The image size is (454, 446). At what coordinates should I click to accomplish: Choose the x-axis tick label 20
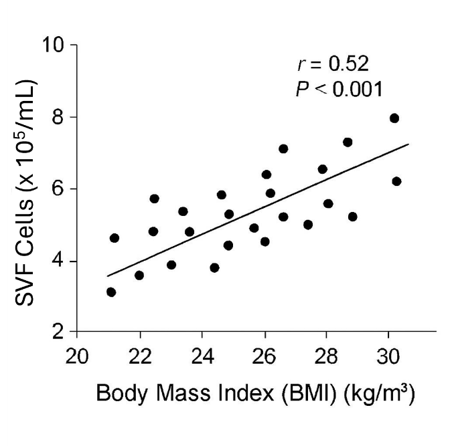click(x=78, y=354)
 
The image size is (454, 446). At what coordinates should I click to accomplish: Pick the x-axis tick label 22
click(x=140, y=354)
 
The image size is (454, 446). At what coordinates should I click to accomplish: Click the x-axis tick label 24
click(x=202, y=354)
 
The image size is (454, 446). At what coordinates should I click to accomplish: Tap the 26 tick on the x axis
click(x=264, y=354)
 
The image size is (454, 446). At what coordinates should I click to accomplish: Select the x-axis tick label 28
click(x=326, y=354)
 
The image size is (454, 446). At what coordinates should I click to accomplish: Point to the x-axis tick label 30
click(x=388, y=354)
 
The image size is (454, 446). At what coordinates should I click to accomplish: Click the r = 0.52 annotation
click(x=333, y=65)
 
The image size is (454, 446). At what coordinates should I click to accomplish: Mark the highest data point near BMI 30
click(x=394, y=118)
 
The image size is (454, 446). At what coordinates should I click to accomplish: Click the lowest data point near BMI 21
click(x=111, y=292)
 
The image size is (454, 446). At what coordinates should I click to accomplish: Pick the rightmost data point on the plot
click(x=396, y=181)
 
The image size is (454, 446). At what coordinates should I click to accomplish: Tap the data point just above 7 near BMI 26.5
click(x=283, y=148)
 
